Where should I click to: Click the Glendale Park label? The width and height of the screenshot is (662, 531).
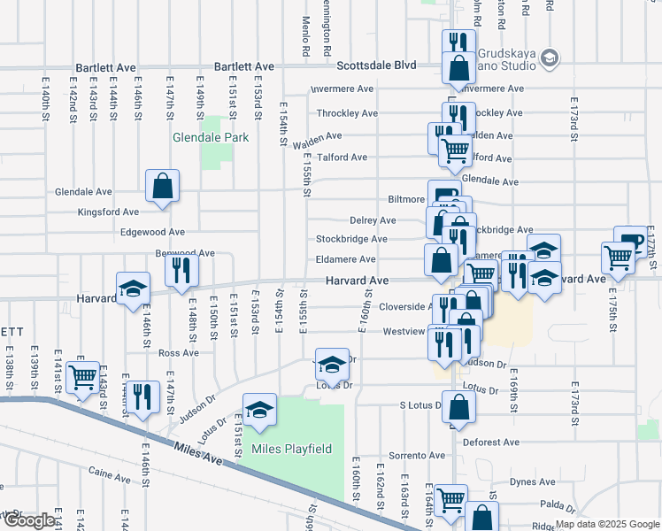coord(211,138)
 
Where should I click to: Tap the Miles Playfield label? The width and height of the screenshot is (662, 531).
coord(291,449)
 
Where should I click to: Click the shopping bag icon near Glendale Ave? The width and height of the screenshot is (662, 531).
coord(163,186)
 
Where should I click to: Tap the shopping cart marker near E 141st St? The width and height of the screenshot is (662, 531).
coord(83,377)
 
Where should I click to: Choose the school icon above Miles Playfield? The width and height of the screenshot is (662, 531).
coord(260,410)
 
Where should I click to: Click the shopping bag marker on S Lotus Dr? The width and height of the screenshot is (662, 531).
coord(458,406)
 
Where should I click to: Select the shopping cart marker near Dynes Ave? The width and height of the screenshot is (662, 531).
coord(450,499)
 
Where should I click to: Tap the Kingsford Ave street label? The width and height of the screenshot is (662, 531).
coord(109,212)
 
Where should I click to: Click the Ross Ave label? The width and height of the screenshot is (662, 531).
coord(178,353)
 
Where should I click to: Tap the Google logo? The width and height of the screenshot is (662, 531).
coord(31,521)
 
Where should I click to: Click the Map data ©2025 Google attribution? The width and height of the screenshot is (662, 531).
coord(607,524)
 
